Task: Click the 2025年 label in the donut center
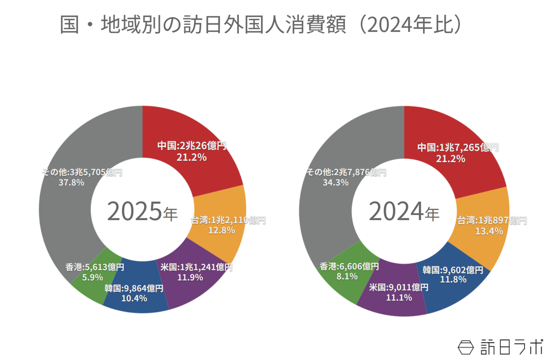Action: pos(142,211)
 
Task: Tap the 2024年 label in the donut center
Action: pos(404,211)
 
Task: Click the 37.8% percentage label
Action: pos(71,183)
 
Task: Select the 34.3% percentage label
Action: pos(335,183)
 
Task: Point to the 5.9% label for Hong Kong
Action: pos(92,277)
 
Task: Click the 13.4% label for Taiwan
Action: pos(489,231)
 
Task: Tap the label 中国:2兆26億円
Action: pos(191,146)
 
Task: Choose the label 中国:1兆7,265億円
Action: pos(458,147)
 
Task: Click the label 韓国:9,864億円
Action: pos(134,288)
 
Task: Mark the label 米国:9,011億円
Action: pos(398,287)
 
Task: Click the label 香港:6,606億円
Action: pos(349,266)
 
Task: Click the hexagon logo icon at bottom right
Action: pos(466,347)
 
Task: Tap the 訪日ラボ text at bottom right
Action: pos(511,347)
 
